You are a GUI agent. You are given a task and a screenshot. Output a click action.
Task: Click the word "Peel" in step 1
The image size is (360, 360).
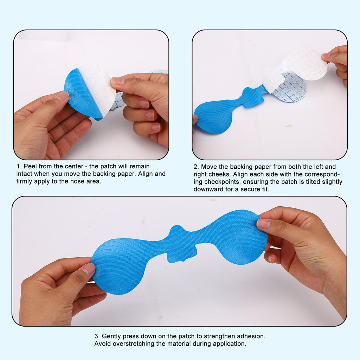(x=30, y=166)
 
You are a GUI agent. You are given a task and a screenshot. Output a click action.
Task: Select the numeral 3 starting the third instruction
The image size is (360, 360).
(x=96, y=336)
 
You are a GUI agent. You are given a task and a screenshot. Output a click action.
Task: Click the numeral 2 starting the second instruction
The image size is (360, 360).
(x=195, y=167)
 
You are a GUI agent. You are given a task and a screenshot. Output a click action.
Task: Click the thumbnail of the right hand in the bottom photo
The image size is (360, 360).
(x=264, y=223)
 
